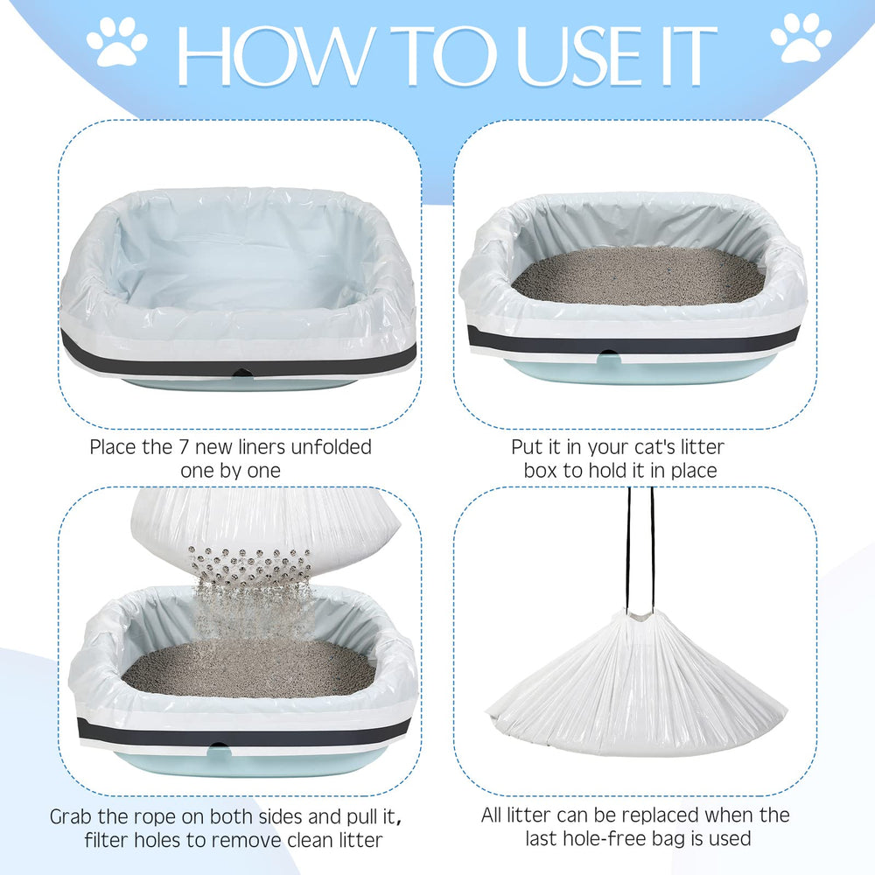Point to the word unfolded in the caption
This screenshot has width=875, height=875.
[327, 447]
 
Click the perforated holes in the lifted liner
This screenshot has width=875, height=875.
[252, 559]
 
